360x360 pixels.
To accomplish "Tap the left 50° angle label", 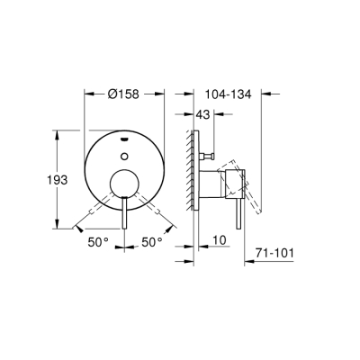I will coord(99,242).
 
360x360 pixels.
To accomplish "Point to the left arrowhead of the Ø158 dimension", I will coord(87,93).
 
